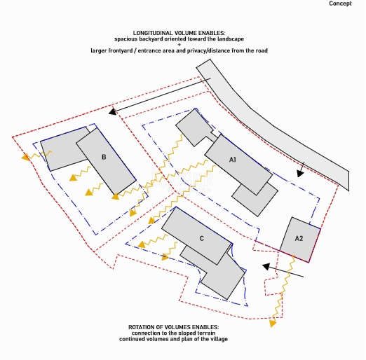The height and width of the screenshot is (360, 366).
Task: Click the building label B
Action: point(104,157)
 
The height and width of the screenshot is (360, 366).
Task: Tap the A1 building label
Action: point(233,160)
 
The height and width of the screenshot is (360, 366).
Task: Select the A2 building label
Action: point(299,238)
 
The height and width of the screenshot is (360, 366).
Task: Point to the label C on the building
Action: point(202,238)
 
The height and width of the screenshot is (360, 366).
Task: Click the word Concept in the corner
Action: point(340,4)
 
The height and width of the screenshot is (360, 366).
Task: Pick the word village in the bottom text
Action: point(219,339)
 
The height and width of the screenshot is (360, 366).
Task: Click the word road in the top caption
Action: point(262,50)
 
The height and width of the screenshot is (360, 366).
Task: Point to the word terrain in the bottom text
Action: point(207,333)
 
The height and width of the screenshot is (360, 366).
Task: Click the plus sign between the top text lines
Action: point(179,45)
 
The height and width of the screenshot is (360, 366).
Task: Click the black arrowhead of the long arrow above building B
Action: point(113,111)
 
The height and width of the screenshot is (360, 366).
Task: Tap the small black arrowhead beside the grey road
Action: point(300,174)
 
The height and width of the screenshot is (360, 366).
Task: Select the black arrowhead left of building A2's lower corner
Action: point(266,267)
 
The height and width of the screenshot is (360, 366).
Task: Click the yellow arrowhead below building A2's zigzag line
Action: point(273,324)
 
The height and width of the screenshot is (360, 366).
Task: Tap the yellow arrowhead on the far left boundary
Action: point(25,157)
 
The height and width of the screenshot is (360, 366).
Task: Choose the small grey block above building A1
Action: point(194,127)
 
